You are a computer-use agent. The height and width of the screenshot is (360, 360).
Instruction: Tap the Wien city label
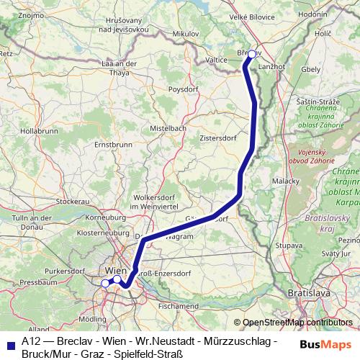[x=114, y=270]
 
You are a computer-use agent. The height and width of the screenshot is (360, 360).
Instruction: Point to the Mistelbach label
[x=168, y=127]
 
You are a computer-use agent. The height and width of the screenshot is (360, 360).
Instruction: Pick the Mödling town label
[x=91, y=318]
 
